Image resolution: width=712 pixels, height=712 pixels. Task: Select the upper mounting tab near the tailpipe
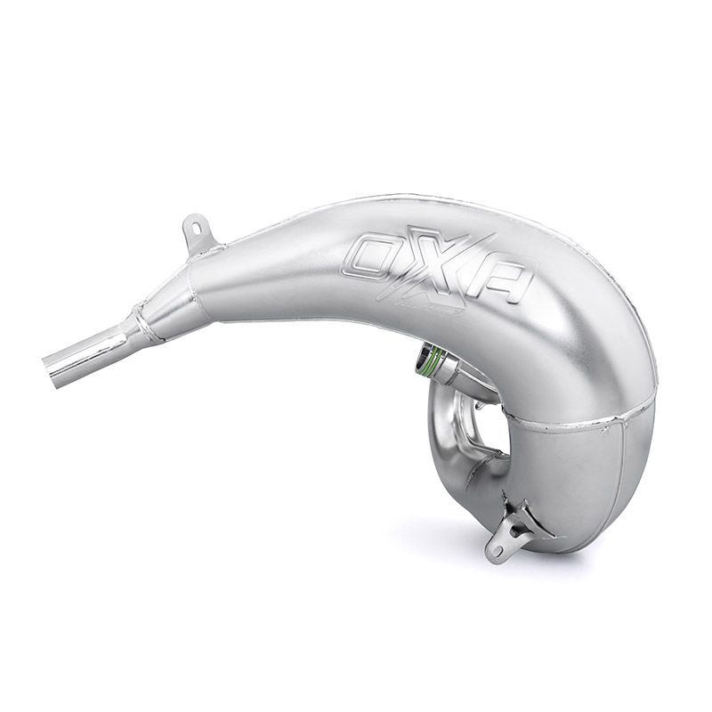[198, 233]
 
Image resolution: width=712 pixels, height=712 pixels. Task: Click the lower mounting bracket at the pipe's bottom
[512, 534]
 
